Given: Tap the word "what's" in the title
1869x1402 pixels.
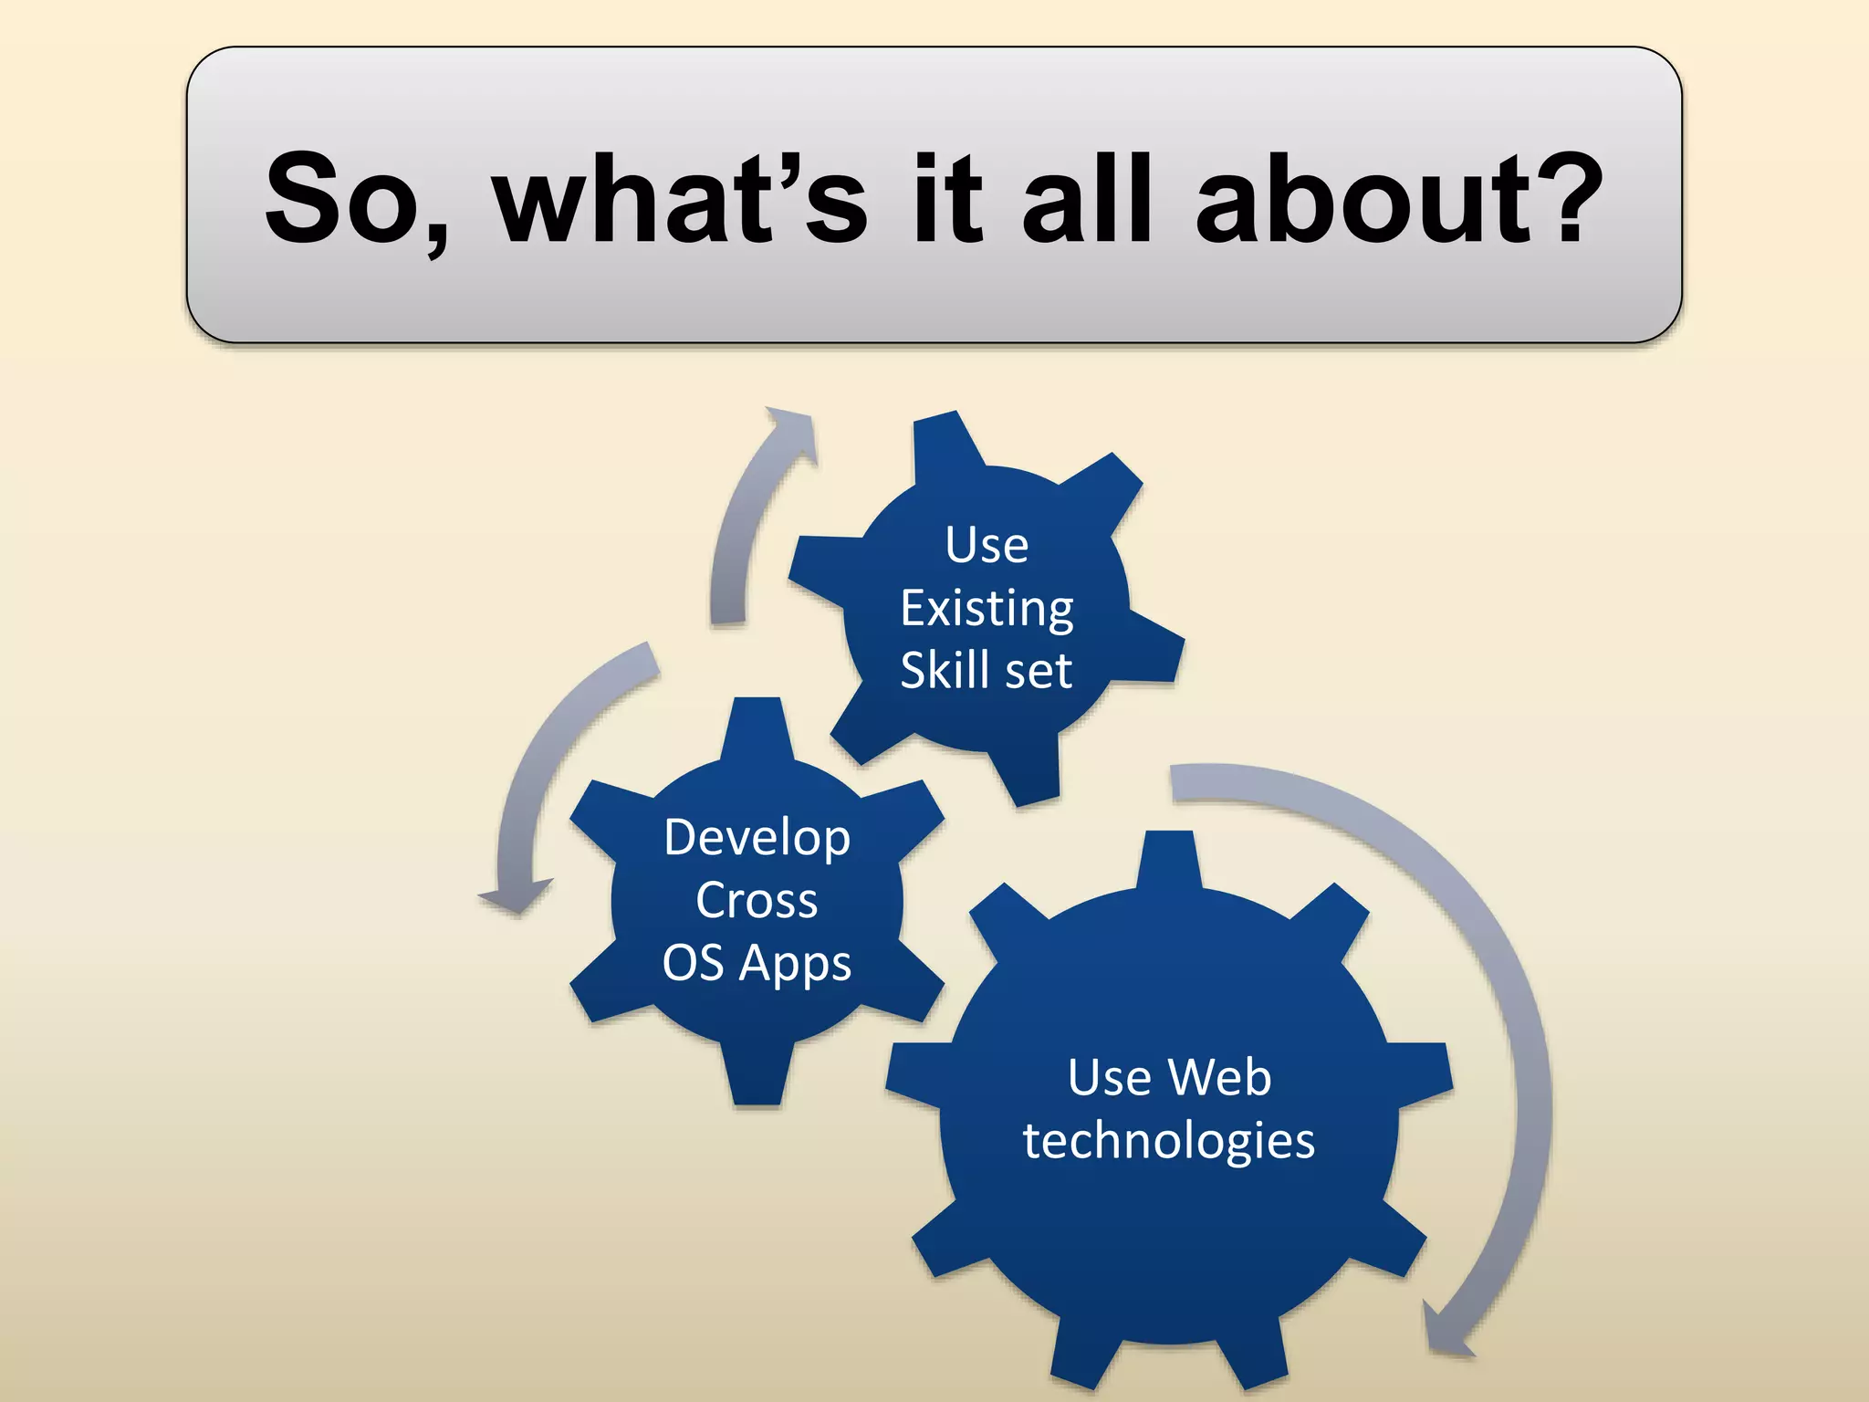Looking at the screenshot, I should point(680,199).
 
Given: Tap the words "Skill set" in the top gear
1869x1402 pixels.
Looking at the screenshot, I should point(987,671).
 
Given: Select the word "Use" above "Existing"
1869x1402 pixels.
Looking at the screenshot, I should point(987,546).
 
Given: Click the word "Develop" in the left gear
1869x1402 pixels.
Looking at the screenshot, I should point(757,838).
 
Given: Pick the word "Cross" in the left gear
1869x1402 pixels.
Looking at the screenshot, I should point(757,901).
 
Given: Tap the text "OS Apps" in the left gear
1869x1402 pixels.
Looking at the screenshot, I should point(757,964).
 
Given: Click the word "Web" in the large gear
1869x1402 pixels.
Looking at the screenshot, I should point(1222,1078).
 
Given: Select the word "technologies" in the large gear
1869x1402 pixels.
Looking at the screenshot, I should point(1169,1141).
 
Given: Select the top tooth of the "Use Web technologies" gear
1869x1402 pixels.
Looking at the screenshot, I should point(1169,858).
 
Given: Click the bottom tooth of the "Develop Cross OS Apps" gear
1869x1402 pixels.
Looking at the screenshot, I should point(757,1077).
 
